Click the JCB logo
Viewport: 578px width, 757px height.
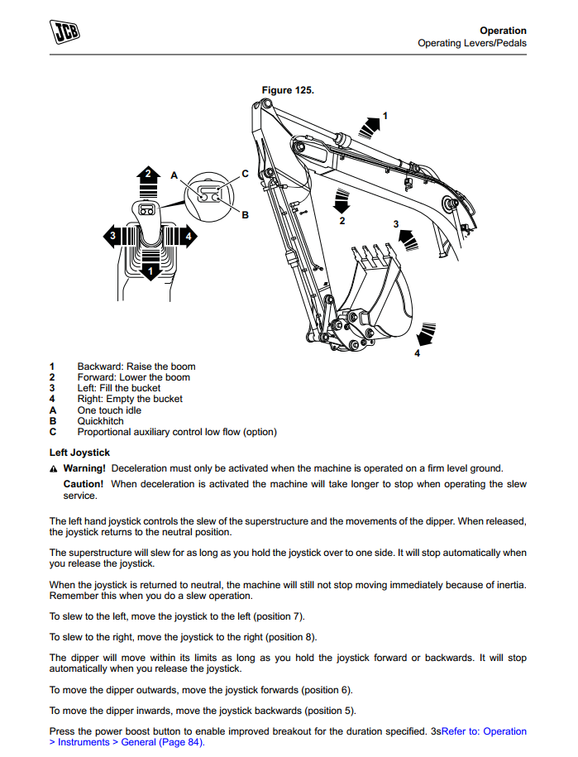click(69, 34)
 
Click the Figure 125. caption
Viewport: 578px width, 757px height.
click(288, 89)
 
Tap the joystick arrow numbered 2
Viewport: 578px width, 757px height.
click(148, 175)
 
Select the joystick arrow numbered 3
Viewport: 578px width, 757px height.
click(112, 237)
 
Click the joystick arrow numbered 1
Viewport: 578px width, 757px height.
click(149, 270)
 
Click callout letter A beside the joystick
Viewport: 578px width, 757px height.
click(174, 175)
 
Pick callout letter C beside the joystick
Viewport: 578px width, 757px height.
click(245, 173)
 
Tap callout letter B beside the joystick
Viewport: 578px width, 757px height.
click(245, 214)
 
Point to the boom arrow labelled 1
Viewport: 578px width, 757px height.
click(370, 125)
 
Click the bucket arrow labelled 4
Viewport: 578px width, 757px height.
click(426, 334)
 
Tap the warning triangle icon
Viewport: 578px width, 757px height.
click(54, 469)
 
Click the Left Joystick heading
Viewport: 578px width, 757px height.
click(79, 453)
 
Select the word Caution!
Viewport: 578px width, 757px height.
click(84, 484)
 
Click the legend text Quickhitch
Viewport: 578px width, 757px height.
click(101, 421)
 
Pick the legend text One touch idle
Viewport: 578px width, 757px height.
click(109, 410)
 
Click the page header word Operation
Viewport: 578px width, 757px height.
click(503, 31)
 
